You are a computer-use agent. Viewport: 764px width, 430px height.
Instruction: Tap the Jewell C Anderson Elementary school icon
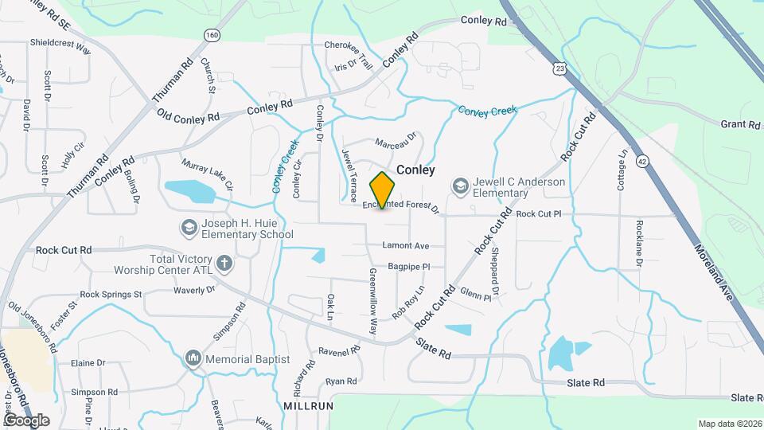(460, 186)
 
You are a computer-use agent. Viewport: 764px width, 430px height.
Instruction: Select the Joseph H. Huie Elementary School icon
(189, 229)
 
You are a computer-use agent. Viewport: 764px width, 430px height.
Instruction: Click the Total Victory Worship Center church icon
(225, 262)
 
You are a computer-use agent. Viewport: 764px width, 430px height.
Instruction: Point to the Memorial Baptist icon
(193, 359)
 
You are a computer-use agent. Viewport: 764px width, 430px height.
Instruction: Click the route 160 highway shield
(211, 35)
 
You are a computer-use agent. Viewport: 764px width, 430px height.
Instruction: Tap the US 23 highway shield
(561, 69)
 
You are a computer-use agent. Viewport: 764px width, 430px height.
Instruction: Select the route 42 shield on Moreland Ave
(641, 162)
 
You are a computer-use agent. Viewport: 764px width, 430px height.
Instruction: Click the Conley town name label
(416, 170)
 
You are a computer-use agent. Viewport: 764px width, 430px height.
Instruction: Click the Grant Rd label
(740, 124)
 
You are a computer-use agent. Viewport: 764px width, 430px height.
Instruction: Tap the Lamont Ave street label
(405, 245)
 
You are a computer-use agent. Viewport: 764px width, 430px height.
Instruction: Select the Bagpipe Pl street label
(409, 267)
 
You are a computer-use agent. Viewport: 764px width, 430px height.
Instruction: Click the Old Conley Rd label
(189, 117)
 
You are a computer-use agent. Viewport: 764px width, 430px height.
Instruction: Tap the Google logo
(26, 420)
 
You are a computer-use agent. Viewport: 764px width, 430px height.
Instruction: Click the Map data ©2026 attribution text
(730, 424)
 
